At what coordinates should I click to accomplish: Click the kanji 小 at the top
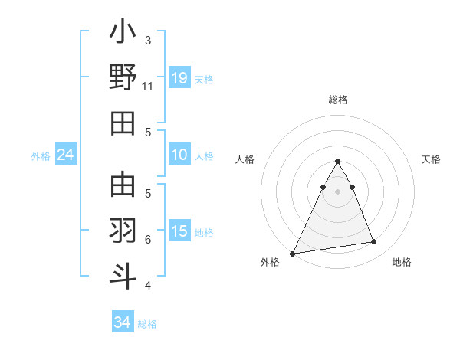click(x=123, y=33)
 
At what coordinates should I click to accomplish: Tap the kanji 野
click(x=123, y=77)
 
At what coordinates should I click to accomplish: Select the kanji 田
click(x=123, y=123)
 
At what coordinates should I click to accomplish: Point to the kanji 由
click(x=123, y=185)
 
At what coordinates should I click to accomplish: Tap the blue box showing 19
click(x=179, y=78)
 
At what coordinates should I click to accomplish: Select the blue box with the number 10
click(x=179, y=155)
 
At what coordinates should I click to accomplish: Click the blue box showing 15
click(x=179, y=231)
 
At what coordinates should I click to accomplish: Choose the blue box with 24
click(x=66, y=155)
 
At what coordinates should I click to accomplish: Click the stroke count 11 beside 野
click(x=148, y=86)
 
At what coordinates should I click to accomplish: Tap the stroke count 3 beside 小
click(x=148, y=40)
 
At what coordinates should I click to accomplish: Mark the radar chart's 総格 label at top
click(x=337, y=100)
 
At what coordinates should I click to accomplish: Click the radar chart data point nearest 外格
click(x=293, y=253)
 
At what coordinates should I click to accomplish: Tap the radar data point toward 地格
click(x=374, y=242)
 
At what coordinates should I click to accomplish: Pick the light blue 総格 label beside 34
click(x=147, y=324)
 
